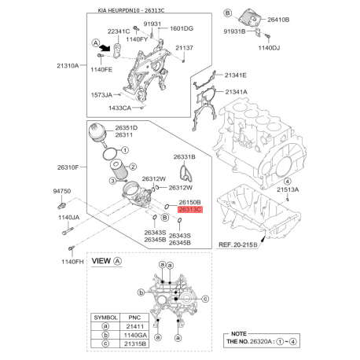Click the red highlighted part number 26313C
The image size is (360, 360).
click(190, 209)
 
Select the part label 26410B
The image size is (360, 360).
click(278, 20)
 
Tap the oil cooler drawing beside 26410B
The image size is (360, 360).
click(250, 18)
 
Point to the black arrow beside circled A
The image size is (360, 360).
click(105, 47)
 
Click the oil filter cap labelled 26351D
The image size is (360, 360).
click(97, 134)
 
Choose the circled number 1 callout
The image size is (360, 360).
click(125, 150)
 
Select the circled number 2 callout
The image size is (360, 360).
click(133, 167)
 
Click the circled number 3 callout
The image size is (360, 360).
click(112, 181)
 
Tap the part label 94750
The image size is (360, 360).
click(62, 191)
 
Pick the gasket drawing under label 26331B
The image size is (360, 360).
click(186, 172)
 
